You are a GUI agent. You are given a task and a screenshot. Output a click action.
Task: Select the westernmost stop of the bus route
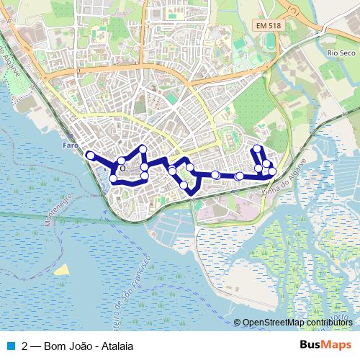tap(90, 155)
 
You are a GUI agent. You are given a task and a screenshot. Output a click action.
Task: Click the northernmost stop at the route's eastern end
tap(257, 149)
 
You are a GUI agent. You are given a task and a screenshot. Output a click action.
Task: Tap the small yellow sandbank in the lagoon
tap(63, 270)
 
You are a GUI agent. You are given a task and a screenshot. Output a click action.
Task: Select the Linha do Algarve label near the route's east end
tap(282, 184)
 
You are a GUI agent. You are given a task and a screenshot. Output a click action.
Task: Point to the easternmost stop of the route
tap(272, 171)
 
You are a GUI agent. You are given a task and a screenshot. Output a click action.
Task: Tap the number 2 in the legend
tap(26, 345)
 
